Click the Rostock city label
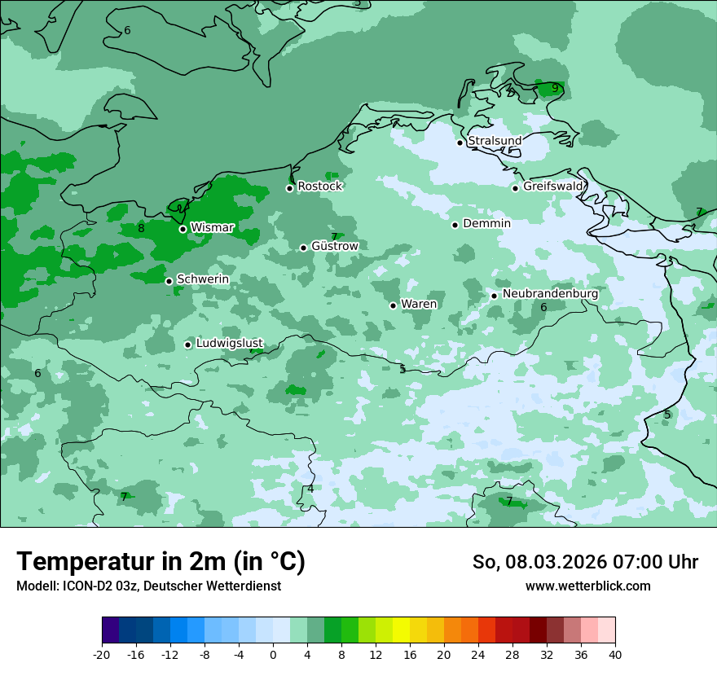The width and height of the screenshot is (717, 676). point(319,187)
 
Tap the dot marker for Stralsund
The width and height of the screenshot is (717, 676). point(460,143)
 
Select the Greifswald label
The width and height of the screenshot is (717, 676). point(552,187)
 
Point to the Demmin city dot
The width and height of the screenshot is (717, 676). point(455,225)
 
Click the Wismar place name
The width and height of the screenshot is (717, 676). point(212,228)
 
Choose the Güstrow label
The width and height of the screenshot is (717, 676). point(334,246)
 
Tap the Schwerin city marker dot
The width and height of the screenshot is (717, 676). point(169,281)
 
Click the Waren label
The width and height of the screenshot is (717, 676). point(419,304)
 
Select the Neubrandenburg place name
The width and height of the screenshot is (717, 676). point(550,294)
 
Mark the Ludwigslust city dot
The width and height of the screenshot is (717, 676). point(187,345)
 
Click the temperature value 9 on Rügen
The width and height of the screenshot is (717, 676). point(555,88)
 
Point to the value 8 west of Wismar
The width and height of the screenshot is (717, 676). point(141,228)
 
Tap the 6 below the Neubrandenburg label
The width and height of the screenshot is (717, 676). point(543,307)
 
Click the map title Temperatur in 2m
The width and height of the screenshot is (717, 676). point(161,562)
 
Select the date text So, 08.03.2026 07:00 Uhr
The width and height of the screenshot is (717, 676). point(585,562)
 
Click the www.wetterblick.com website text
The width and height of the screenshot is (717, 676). point(587,586)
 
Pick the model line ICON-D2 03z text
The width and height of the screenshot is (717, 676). point(148,586)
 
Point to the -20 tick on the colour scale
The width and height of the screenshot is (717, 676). point(102,654)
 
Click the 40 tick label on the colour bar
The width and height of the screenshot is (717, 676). point(615,654)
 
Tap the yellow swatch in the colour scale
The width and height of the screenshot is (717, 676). point(401,630)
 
